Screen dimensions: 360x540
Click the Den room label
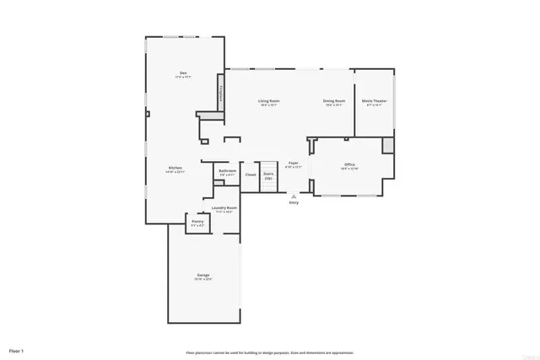183,73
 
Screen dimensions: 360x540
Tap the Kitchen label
175,168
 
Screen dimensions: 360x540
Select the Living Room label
269,100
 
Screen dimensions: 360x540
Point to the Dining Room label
332,100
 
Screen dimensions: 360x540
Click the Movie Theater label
373,100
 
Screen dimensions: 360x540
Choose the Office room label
349,164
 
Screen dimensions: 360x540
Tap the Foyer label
293,162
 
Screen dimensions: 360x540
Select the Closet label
251,175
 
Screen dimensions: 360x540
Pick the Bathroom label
227,171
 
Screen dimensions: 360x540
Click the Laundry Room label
225,207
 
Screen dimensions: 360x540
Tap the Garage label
203,275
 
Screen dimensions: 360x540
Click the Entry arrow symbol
294,195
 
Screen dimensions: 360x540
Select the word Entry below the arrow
294,202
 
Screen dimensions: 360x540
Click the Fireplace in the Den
221,93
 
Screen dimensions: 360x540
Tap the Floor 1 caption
17,350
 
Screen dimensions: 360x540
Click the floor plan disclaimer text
270,352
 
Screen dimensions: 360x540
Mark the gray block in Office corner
387,145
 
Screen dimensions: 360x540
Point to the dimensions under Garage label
203,279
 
